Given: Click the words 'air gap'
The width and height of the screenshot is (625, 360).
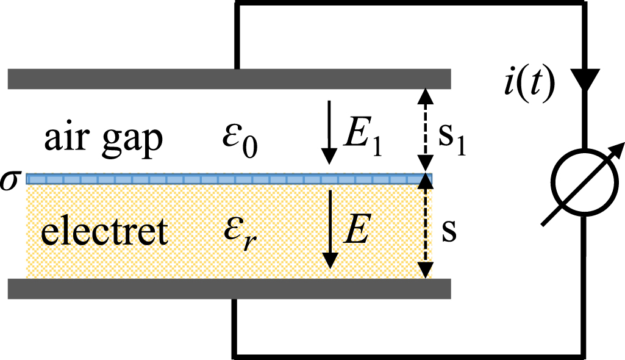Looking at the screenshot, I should pos(103,140).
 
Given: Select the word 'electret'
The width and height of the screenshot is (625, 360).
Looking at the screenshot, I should pos(104,232).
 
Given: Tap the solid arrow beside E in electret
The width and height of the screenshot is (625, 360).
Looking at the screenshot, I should pos(330,229).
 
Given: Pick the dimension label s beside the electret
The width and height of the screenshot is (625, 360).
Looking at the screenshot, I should pos(449,232).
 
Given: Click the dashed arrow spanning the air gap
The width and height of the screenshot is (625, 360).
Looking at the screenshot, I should pos(426,131).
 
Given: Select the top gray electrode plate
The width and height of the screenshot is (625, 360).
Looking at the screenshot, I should pos(229,79).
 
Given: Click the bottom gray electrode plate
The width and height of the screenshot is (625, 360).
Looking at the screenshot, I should pos(229,289).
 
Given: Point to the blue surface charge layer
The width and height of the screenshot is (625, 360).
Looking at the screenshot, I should pos(229,178).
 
